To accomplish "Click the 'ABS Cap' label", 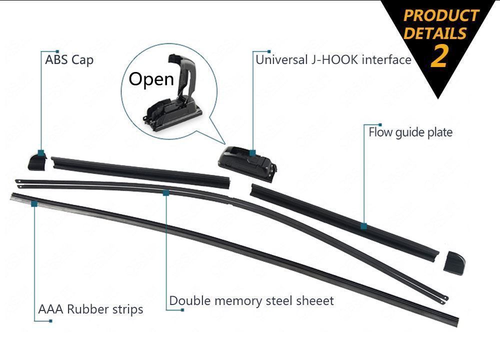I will point(69,60).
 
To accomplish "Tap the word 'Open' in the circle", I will point(151,78).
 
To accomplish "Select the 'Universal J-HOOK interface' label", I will point(333,60).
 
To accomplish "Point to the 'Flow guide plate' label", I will point(410,132).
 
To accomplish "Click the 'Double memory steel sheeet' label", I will point(251,300).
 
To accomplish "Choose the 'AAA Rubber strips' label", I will point(90,309).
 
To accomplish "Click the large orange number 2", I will point(439,55).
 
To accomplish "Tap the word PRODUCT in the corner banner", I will point(441,15).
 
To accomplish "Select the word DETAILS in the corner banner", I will point(435,33).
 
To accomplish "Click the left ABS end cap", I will point(36,160).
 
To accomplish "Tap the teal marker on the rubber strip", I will point(34,203).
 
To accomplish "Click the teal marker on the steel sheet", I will point(166,191).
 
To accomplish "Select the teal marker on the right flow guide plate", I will point(363,226).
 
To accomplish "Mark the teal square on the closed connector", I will point(253,152).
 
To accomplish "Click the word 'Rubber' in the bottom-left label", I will point(85,309).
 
